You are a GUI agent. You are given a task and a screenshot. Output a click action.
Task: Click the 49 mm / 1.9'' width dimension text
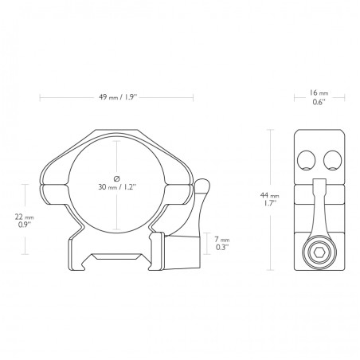pos(118,98)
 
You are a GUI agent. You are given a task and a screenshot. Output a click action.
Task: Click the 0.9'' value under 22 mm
pos(26,225)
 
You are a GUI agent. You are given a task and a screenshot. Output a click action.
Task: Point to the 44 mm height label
pos(273,195)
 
